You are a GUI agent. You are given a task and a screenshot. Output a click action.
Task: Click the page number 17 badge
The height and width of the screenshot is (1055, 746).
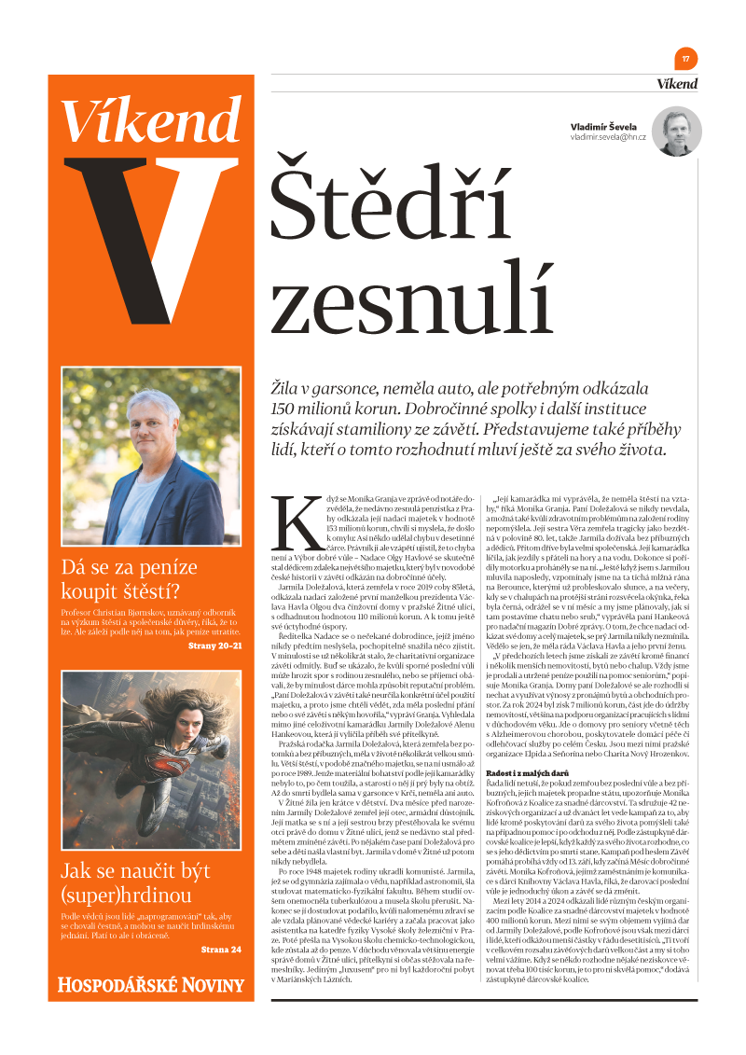click(685, 59)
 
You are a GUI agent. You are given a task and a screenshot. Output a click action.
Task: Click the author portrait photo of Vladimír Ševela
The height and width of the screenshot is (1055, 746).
click(676, 132)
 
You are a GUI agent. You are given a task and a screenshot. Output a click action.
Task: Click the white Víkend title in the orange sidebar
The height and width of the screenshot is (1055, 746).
click(151, 119)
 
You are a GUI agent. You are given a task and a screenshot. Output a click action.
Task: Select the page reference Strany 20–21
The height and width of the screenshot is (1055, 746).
click(214, 645)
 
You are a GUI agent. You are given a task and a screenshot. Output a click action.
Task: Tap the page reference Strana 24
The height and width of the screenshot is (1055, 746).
click(221, 950)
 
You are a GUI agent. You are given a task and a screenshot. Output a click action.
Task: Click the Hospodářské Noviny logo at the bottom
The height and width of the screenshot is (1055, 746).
click(151, 984)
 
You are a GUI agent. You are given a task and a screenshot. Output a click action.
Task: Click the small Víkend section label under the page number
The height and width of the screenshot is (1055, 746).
click(676, 84)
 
